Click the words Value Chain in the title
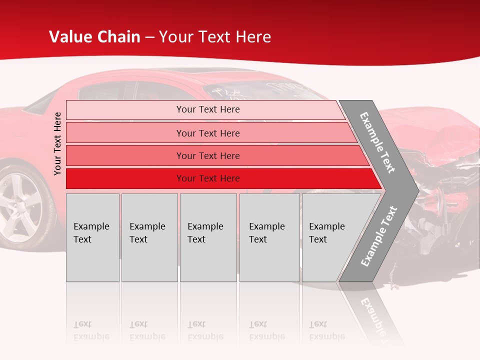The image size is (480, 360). tap(94, 37)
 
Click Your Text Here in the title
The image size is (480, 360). tap(215, 37)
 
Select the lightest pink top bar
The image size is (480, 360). tap(208, 109)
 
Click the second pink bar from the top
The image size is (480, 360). tap(208, 133)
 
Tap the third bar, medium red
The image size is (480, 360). tap(208, 155)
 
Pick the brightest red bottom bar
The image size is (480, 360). tap(208, 178)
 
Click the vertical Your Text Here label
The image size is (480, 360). tap(57, 143)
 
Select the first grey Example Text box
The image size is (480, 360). tap(92, 237)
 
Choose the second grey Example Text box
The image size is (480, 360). tap(149, 237)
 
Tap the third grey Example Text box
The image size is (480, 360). tap(207, 237)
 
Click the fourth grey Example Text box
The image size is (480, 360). tap(269, 237)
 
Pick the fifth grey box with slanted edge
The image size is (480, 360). tap(330, 237)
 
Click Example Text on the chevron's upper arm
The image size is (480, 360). tap(377, 143)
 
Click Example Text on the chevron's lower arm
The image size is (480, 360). tap(378, 236)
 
